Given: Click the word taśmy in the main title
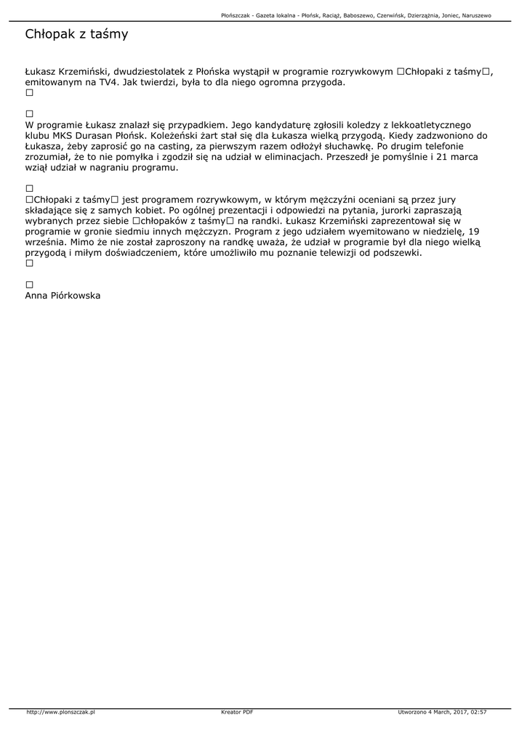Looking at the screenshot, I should click(x=109, y=34).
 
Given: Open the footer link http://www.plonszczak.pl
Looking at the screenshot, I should click(x=61, y=712).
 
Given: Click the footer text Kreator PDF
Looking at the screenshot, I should click(x=237, y=712).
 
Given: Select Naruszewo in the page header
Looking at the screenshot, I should click(x=475, y=15).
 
